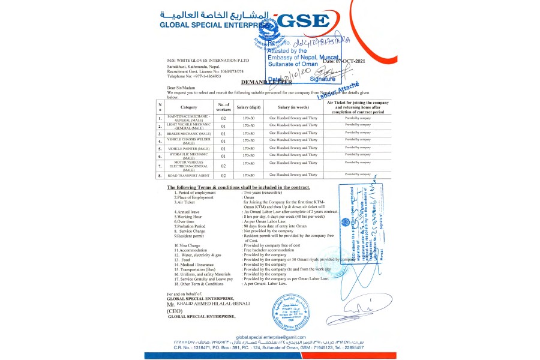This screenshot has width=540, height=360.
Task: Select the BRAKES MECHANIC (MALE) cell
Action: point(188,133)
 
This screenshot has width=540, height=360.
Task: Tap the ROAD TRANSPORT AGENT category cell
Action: point(188,175)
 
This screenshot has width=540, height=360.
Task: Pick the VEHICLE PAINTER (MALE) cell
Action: point(188,148)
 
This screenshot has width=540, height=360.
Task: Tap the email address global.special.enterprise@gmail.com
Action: point(271,337)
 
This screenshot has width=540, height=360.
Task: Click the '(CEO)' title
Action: point(175,311)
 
